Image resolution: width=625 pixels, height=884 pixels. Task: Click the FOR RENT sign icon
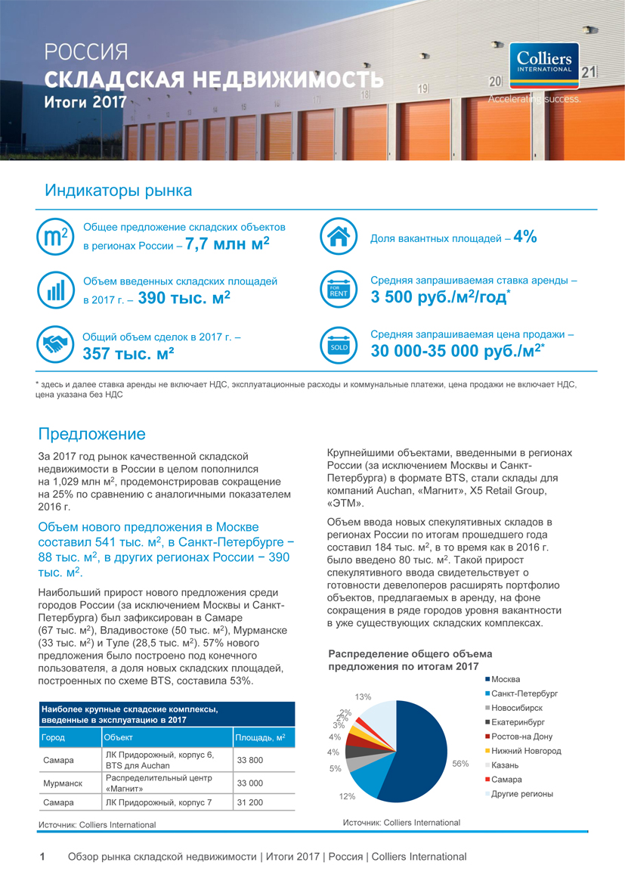coord(338,290)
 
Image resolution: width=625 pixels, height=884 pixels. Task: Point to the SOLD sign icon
coord(338,345)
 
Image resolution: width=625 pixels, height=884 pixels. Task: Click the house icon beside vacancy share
coord(338,237)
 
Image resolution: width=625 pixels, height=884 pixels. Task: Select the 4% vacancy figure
coord(524,237)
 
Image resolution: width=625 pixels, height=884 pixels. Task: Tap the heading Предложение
coord(91,434)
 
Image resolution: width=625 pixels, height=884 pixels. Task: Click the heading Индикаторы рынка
coord(118,191)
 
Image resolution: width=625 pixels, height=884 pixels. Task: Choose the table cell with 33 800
coord(250,760)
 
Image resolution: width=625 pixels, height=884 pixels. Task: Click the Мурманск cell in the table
coord(63,783)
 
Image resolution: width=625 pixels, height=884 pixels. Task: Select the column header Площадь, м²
coord(260,737)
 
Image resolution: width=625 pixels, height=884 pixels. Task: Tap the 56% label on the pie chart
coord(460,764)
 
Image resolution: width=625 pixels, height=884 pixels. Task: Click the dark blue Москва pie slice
coord(412,749)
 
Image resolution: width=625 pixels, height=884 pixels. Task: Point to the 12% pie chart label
coord(347,796)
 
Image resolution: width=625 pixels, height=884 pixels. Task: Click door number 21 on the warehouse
coord(589,73)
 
